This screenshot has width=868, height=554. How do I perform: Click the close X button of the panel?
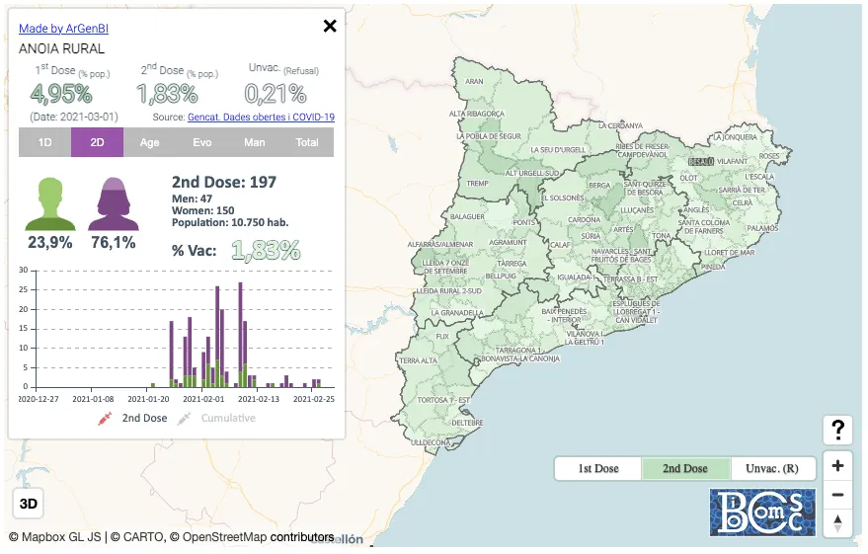[x=330, y=26]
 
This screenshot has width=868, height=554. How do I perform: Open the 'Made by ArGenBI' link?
[x=63, y=30]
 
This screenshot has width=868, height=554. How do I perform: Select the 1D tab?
[x=44, y=142]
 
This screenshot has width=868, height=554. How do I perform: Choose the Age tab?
[x=149, y=142]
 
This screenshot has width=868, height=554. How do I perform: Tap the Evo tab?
[x=201, y=142]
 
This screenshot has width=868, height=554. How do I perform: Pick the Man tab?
[x=254, y=142]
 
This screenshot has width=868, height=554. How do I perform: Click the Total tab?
[x=307, y=142]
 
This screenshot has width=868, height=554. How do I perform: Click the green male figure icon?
[x=49, y=203]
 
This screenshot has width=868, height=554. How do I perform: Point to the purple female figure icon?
[x=113, y=203]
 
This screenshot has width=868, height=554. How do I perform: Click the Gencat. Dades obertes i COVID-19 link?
[x=261, y=117]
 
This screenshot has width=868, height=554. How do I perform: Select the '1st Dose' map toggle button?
[x=598, y=468]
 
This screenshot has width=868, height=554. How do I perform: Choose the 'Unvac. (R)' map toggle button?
[x=772, y=468]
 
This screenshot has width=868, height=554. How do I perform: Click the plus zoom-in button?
[x=837, y=466]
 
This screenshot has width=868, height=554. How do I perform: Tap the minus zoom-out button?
[x=837, y=495]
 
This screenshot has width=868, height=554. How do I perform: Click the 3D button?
[x=29, y=504]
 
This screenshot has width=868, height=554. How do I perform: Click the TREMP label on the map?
[x=478, y=184]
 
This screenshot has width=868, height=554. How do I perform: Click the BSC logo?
[x=762, y=512]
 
